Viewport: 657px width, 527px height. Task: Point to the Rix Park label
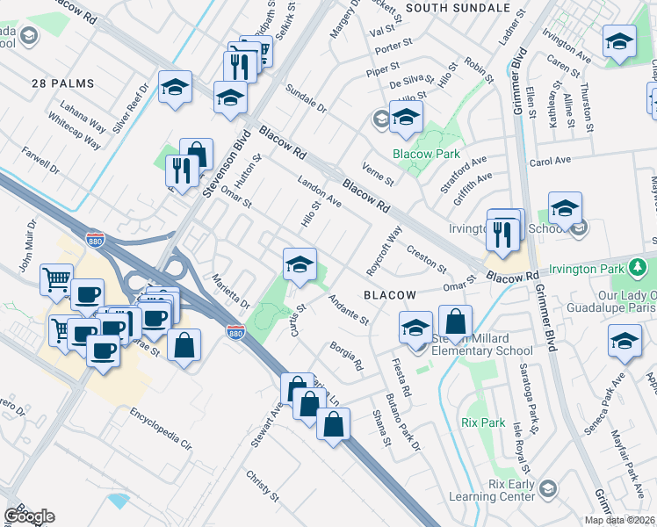[481, 422]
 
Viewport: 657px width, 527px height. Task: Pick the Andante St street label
[347, 308]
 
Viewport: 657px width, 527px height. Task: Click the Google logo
[29, 516]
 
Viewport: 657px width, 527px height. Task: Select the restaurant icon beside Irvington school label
[502, 234]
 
